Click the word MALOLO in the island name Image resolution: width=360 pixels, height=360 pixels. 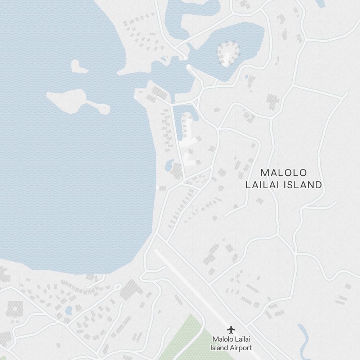pos(284,173)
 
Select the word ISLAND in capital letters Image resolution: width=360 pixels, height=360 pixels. pos(303,185)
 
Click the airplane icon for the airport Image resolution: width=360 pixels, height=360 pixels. pos(231,329)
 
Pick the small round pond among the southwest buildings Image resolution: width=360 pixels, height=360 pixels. pos(68,310)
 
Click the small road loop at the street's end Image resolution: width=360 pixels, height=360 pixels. pos(117,287)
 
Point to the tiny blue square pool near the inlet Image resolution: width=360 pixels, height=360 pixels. pos(247,77)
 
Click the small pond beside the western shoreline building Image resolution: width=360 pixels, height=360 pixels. pos(168,166)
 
